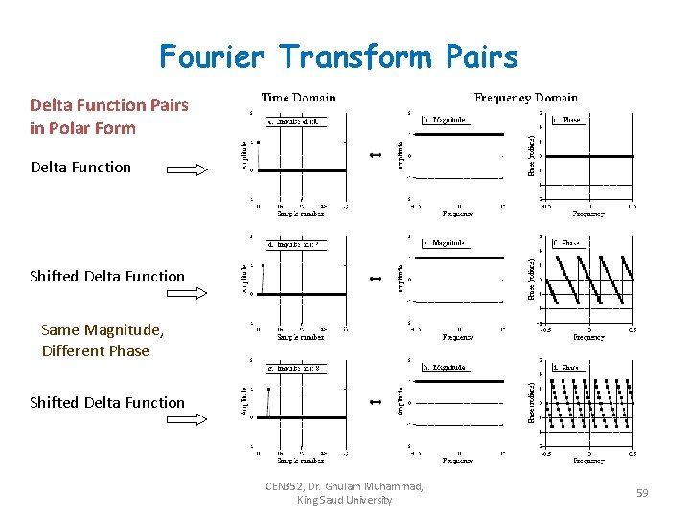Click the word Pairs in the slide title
(482, 56)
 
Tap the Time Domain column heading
(299, 97)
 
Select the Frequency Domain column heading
(526, 97)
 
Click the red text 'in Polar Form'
(82, 128)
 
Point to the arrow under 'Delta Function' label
(187, 170)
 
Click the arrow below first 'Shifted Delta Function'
(187, 296)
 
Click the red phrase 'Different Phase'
(96, 350)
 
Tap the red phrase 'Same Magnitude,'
(103, 330)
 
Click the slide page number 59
(642, 493)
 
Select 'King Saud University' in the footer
(345, 500)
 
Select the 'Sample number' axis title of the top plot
(300, 214)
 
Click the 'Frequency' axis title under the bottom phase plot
(588, 461)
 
